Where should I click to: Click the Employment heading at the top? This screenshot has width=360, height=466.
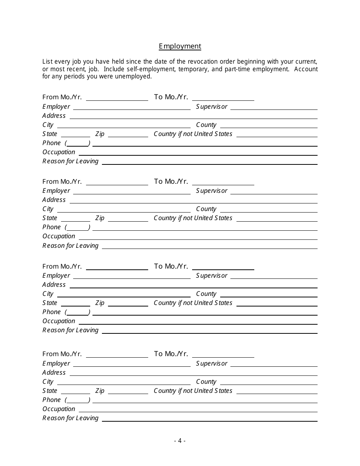(180, 46)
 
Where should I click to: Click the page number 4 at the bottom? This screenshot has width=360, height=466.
(180, 441)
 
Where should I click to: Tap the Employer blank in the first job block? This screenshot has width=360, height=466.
(131, 107)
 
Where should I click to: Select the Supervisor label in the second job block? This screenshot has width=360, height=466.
(211, 191)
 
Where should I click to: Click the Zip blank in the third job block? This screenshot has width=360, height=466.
(128, 303)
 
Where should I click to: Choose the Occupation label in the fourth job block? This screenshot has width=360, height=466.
(59, 409)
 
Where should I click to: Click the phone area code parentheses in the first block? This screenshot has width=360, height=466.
(77, 143)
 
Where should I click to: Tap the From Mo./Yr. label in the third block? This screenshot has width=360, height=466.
(62, 267)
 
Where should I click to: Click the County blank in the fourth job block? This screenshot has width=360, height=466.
(269, 382)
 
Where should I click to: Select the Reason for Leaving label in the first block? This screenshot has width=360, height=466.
(70, 161)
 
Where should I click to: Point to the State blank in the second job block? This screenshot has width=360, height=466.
(75, 218)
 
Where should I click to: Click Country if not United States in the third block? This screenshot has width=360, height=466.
(193, 303)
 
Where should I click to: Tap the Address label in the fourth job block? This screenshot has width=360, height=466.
(54, 373)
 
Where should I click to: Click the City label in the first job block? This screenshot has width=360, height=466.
(48, 125)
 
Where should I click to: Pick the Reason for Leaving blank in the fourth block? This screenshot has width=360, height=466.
(210, 418)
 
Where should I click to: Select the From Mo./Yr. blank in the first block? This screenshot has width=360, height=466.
(117, 97)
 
